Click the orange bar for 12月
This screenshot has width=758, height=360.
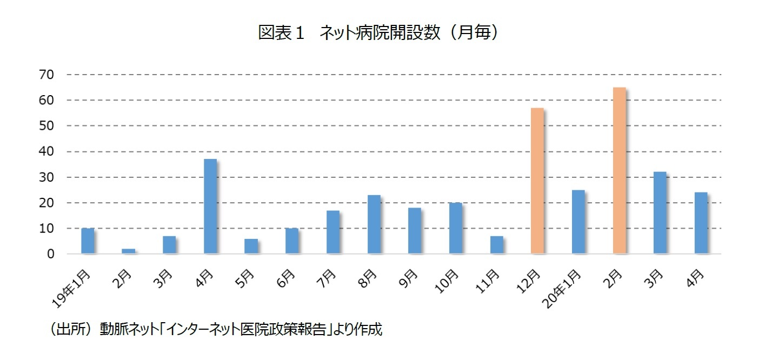point(537,181)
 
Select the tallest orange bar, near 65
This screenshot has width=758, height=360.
point(619,170)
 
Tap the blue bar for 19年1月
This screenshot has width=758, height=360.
point(88,241)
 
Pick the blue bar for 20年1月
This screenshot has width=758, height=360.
point(578,222)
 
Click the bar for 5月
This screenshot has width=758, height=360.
point(251,246)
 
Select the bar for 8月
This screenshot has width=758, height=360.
point(374,224)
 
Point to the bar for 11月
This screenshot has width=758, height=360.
point(496,245)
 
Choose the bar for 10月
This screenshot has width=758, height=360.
point(455,228)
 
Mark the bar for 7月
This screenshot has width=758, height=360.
point(333,232)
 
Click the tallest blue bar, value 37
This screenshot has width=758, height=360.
point(210,206)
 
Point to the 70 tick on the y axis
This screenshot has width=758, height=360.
point(46,75)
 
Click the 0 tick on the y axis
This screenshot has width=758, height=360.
point(50,254)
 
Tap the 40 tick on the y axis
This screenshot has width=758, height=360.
point(46,152)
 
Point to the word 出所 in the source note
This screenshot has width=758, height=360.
point(70,330)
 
